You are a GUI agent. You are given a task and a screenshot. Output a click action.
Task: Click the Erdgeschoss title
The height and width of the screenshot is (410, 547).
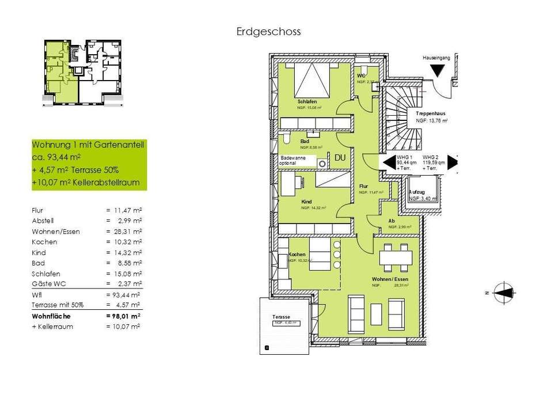[x=268, y=32]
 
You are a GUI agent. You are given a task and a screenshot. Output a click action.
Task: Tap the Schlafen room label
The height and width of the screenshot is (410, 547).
[x=307, y=101]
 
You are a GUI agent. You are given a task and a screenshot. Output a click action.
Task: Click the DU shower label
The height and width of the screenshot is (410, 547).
[x=340, y=158]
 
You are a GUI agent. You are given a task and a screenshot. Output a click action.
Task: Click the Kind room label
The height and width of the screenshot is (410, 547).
[x=306, y=202]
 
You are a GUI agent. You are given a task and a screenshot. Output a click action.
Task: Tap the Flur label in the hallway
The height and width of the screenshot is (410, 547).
[x=363, y=187]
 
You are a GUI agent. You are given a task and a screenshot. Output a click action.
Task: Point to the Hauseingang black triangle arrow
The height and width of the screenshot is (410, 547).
[x=438, y=70]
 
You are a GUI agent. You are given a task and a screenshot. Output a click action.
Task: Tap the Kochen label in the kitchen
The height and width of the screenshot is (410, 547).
[x=297, y=254]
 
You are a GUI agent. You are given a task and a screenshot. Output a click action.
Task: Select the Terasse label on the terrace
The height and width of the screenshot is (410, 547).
[x=282, y=317]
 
